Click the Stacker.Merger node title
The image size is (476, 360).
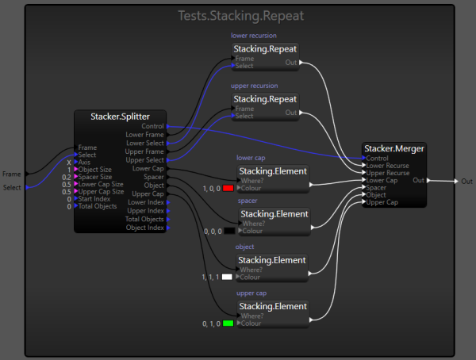(394, 147)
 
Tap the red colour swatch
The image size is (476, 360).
(228, 189)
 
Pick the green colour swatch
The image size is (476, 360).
(228, 324)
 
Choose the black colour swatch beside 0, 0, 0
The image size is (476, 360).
(228, 231)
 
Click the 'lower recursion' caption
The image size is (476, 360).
(253, 36)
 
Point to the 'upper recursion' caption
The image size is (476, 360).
(253, 86)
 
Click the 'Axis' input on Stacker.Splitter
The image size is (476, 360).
(84, 161)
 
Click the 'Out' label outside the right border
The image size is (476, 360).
(466, 181)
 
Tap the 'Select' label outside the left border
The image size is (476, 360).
(12, 188)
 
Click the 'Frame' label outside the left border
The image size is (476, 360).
(11, 174)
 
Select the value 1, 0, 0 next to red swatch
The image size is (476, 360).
(211, 189)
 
